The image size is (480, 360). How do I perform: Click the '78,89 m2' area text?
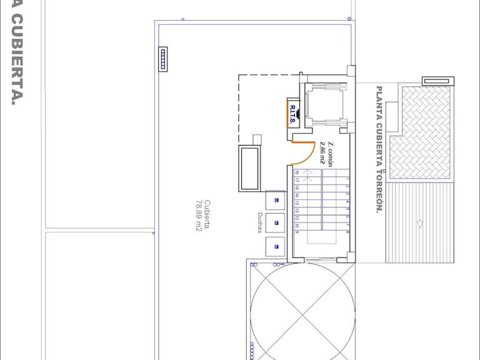197,216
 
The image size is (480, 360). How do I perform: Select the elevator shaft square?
325,102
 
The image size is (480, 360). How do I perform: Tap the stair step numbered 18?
297,172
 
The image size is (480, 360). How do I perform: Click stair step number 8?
347,232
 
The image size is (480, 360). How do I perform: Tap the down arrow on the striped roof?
420,223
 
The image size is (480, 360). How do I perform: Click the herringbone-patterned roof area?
419,132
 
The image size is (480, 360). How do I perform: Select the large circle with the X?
301,309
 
